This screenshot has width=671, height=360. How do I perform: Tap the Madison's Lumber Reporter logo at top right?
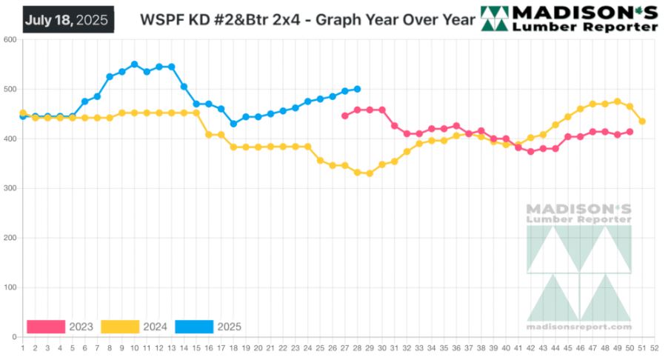569,19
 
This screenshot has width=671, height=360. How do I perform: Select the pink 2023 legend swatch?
46,326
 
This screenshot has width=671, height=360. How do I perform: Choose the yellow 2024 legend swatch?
120,326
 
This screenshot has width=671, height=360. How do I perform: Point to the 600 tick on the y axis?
10,40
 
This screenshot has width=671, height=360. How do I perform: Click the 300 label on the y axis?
10,188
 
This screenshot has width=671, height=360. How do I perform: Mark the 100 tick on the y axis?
10,287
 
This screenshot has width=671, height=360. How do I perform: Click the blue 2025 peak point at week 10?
134,64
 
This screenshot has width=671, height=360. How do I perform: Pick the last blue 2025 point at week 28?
357,89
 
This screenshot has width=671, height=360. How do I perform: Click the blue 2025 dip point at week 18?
233,124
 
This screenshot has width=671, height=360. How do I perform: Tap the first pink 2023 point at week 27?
345,116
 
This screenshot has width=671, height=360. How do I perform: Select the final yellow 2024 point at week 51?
642,121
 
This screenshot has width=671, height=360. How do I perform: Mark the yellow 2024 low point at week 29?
370,173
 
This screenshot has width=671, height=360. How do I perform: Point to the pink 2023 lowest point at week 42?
531,152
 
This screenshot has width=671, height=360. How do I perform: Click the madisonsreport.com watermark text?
579,327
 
